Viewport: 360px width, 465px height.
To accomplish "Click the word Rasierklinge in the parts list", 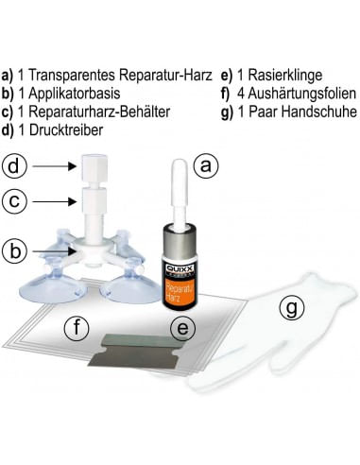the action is coord(285,76).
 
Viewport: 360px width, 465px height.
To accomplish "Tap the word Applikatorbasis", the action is coord(75,94).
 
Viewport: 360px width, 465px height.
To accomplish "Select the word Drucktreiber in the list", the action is coord(66,130).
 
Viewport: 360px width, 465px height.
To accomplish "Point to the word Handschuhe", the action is coord(318,112).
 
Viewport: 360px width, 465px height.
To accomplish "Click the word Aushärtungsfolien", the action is coord(302,94).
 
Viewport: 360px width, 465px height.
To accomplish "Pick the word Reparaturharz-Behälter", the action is coord(99,112).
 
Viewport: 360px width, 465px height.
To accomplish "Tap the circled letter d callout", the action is coord(14,166).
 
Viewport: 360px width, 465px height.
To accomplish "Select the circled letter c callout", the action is coord(14,201).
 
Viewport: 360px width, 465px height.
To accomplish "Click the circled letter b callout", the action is coord(14,251).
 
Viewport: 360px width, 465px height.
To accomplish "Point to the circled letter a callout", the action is coord(206,165).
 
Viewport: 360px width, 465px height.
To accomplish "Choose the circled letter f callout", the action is coord(77,328).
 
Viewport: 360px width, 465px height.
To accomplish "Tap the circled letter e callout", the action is coord(183,328).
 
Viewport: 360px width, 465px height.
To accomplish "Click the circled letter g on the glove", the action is coord(292,308).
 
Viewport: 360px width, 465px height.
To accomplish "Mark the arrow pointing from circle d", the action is coord(55,166).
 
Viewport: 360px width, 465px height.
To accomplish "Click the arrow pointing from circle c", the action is coord(55,201).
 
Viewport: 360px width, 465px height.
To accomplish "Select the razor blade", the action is coord(136,351).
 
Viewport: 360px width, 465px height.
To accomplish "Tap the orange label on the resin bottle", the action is coord(177,292).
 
